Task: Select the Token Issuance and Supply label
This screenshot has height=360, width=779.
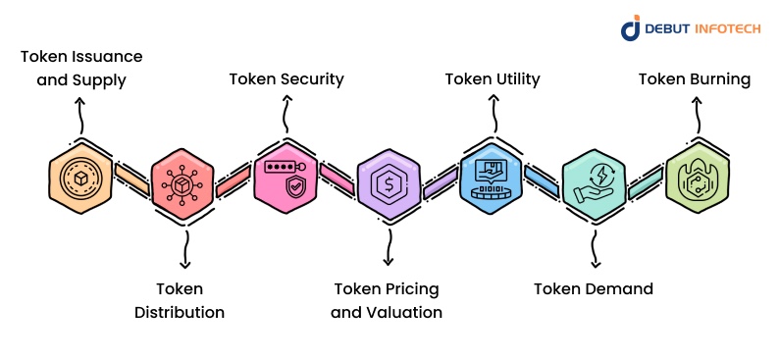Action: [x=81, y=68]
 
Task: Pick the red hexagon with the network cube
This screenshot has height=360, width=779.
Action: [x=182, y=183]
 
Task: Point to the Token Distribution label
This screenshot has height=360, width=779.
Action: [x=180, y=300]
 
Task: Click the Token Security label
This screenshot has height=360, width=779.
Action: [x=286, y=79]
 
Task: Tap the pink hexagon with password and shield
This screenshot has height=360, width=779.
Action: [x=286, y=178]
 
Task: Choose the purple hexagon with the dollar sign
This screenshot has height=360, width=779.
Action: [x=389, y=183]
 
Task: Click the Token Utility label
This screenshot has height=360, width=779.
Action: [x=493, y=79]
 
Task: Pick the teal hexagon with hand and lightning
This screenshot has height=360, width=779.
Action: [x=595, y=183]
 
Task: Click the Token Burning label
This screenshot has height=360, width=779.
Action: [x=695, y=79]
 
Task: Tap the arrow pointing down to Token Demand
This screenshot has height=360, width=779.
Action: [x=594, y=249]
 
